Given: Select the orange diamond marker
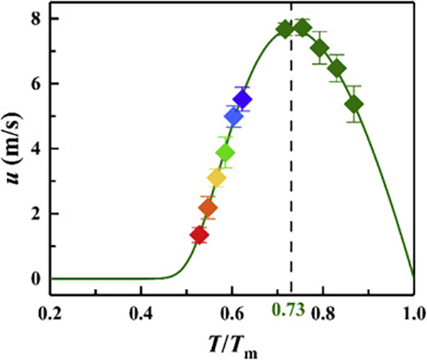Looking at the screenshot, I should coord(208,208).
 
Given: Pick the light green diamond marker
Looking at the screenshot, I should coord(226,152).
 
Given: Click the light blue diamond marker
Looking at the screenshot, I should coord(233,117).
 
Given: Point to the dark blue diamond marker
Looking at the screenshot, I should coord(243,100).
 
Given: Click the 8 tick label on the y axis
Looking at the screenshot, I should coord(33,18).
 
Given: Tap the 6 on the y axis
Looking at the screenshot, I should coord(33,83).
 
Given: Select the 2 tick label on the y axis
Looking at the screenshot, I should coord(33,213).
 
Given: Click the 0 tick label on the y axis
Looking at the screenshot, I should coord(33,278).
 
